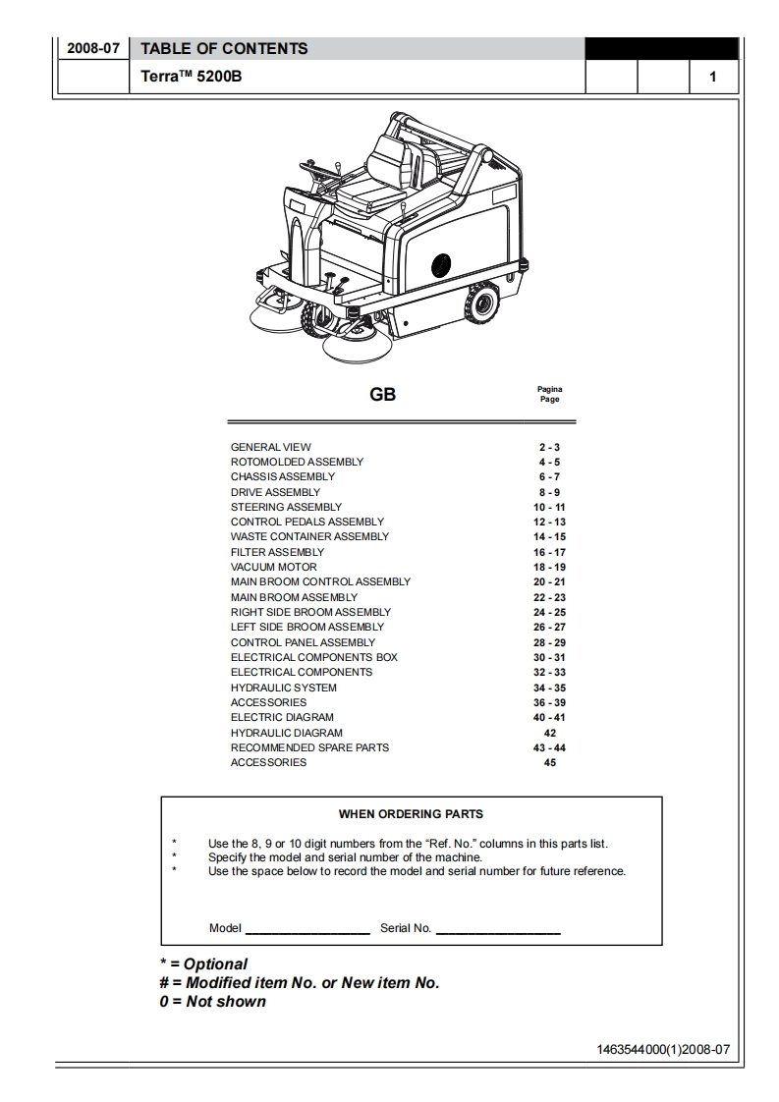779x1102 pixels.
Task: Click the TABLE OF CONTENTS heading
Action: point(224,48)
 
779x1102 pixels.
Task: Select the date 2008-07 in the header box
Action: point(92,49)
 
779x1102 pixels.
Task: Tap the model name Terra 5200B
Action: point(192,77)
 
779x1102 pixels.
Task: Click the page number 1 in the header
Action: point(713,77)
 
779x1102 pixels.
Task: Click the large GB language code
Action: point(382,395)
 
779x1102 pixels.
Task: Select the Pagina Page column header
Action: point(549,394)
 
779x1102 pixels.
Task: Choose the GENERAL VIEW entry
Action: point(271,447)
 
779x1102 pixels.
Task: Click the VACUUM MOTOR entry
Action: point(274,567)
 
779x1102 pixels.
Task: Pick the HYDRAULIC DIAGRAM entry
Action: point(287,733)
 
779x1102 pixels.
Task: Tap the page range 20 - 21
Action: point(549,581)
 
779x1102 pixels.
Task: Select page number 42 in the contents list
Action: point(549,733)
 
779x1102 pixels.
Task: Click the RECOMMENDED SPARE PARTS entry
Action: point(309,747)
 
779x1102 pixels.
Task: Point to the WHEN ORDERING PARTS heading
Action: point(411,813)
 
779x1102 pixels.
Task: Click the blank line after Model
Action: point(306,929)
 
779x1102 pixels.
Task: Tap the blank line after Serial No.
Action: point(498,929)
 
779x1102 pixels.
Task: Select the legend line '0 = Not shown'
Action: point(213,1002)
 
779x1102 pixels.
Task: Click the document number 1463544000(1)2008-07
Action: point(663,1049)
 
